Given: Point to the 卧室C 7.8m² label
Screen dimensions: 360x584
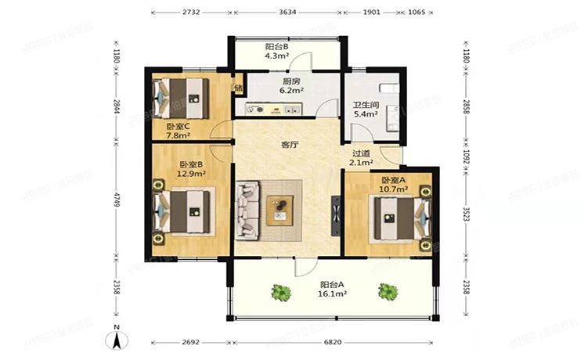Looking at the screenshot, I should pyautogui.click(x=178, y=131).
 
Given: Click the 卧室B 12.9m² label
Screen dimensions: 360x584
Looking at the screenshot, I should pyautogui.click(x=191, y=169).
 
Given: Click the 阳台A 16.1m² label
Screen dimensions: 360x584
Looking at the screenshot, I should pyautogui.click(x=333, y=290).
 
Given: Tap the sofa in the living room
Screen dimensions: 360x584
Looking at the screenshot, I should pyautogui.click(x=249, y=210).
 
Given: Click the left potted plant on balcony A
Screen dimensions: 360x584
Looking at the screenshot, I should pyautogui.click(x=280, y=293).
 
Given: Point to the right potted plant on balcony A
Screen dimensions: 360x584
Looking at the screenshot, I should pyautogui.click(x=387, y=292).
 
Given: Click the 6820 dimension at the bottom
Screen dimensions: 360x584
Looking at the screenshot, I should pyautogui.click(x=333, y=343).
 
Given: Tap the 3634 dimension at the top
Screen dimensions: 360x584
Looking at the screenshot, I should pyautogui.click(x=287, y=13).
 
